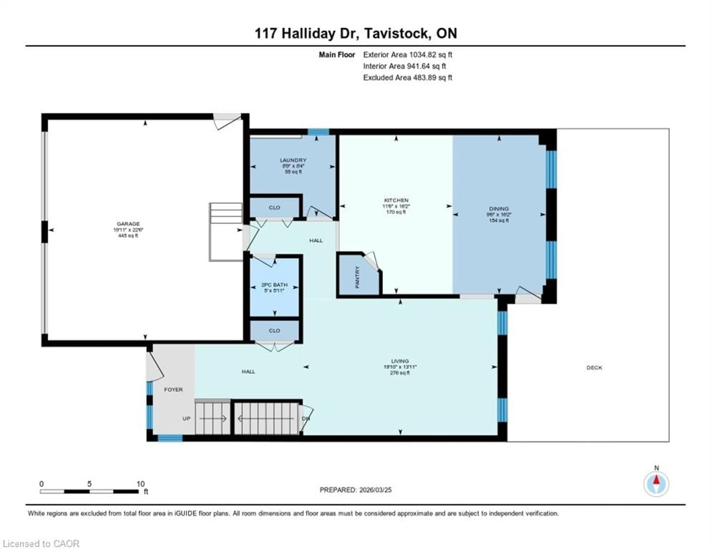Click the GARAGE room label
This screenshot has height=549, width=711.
coord(128,224)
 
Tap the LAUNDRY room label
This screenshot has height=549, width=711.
coord(293,160)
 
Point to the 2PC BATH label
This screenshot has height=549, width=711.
coord(274,285)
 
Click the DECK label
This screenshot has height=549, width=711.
coord(594,368)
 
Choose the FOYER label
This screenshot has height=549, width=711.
coord(173,389)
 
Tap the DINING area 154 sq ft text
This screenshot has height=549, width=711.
coord(499,221)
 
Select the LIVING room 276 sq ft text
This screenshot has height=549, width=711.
coord(400,373)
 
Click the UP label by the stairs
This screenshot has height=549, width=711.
coord(186,419)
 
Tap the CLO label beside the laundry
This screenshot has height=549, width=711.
coord(274,208)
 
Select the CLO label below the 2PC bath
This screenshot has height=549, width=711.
coord(274,331)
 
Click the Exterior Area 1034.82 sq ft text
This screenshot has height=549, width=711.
coord(408,55)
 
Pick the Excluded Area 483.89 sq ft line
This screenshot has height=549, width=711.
coord(408,78)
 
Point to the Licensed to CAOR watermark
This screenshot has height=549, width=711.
coord(41,543)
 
